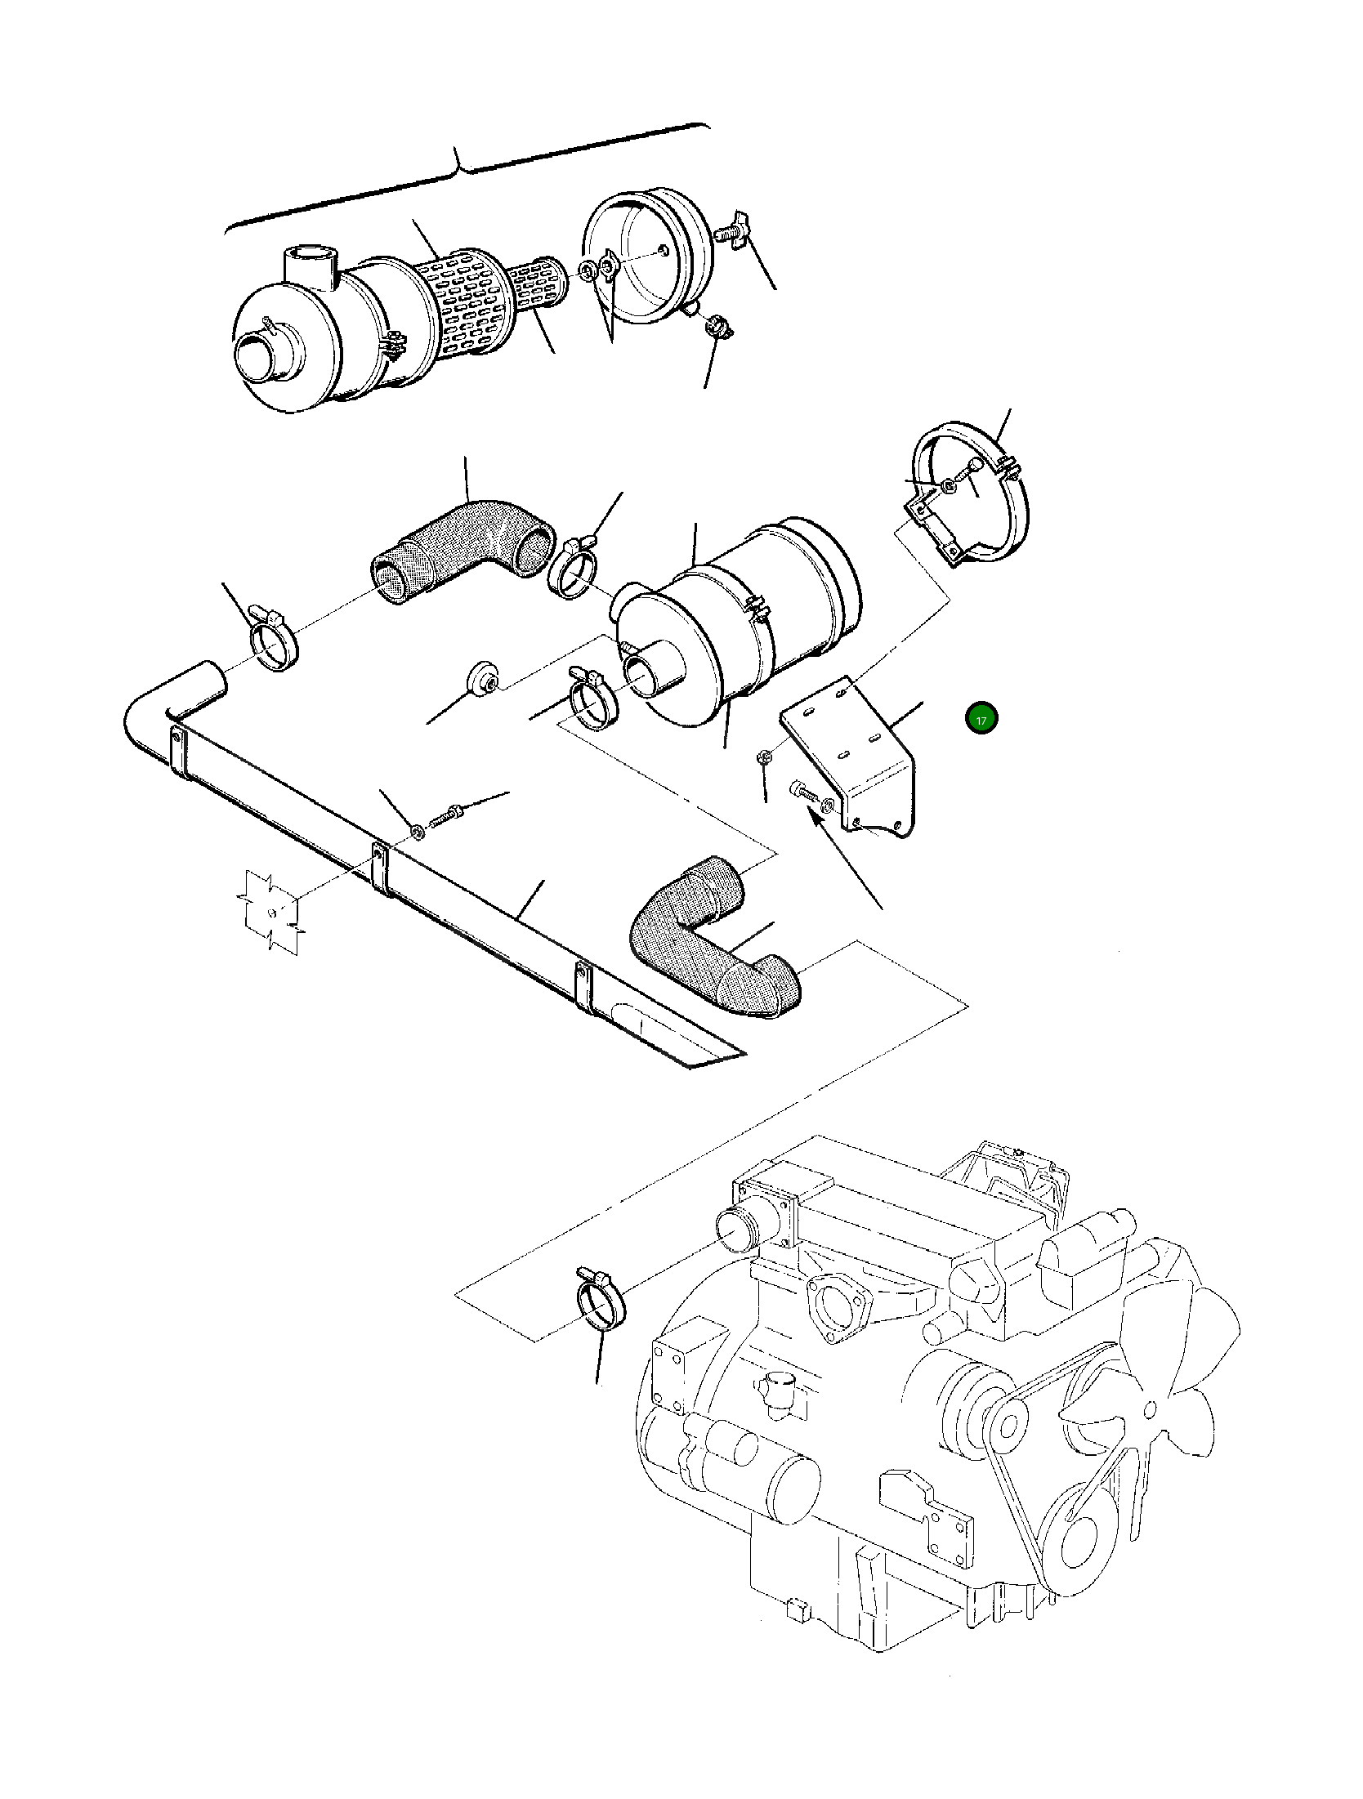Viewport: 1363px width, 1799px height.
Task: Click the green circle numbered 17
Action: click(x=981, y=719)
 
